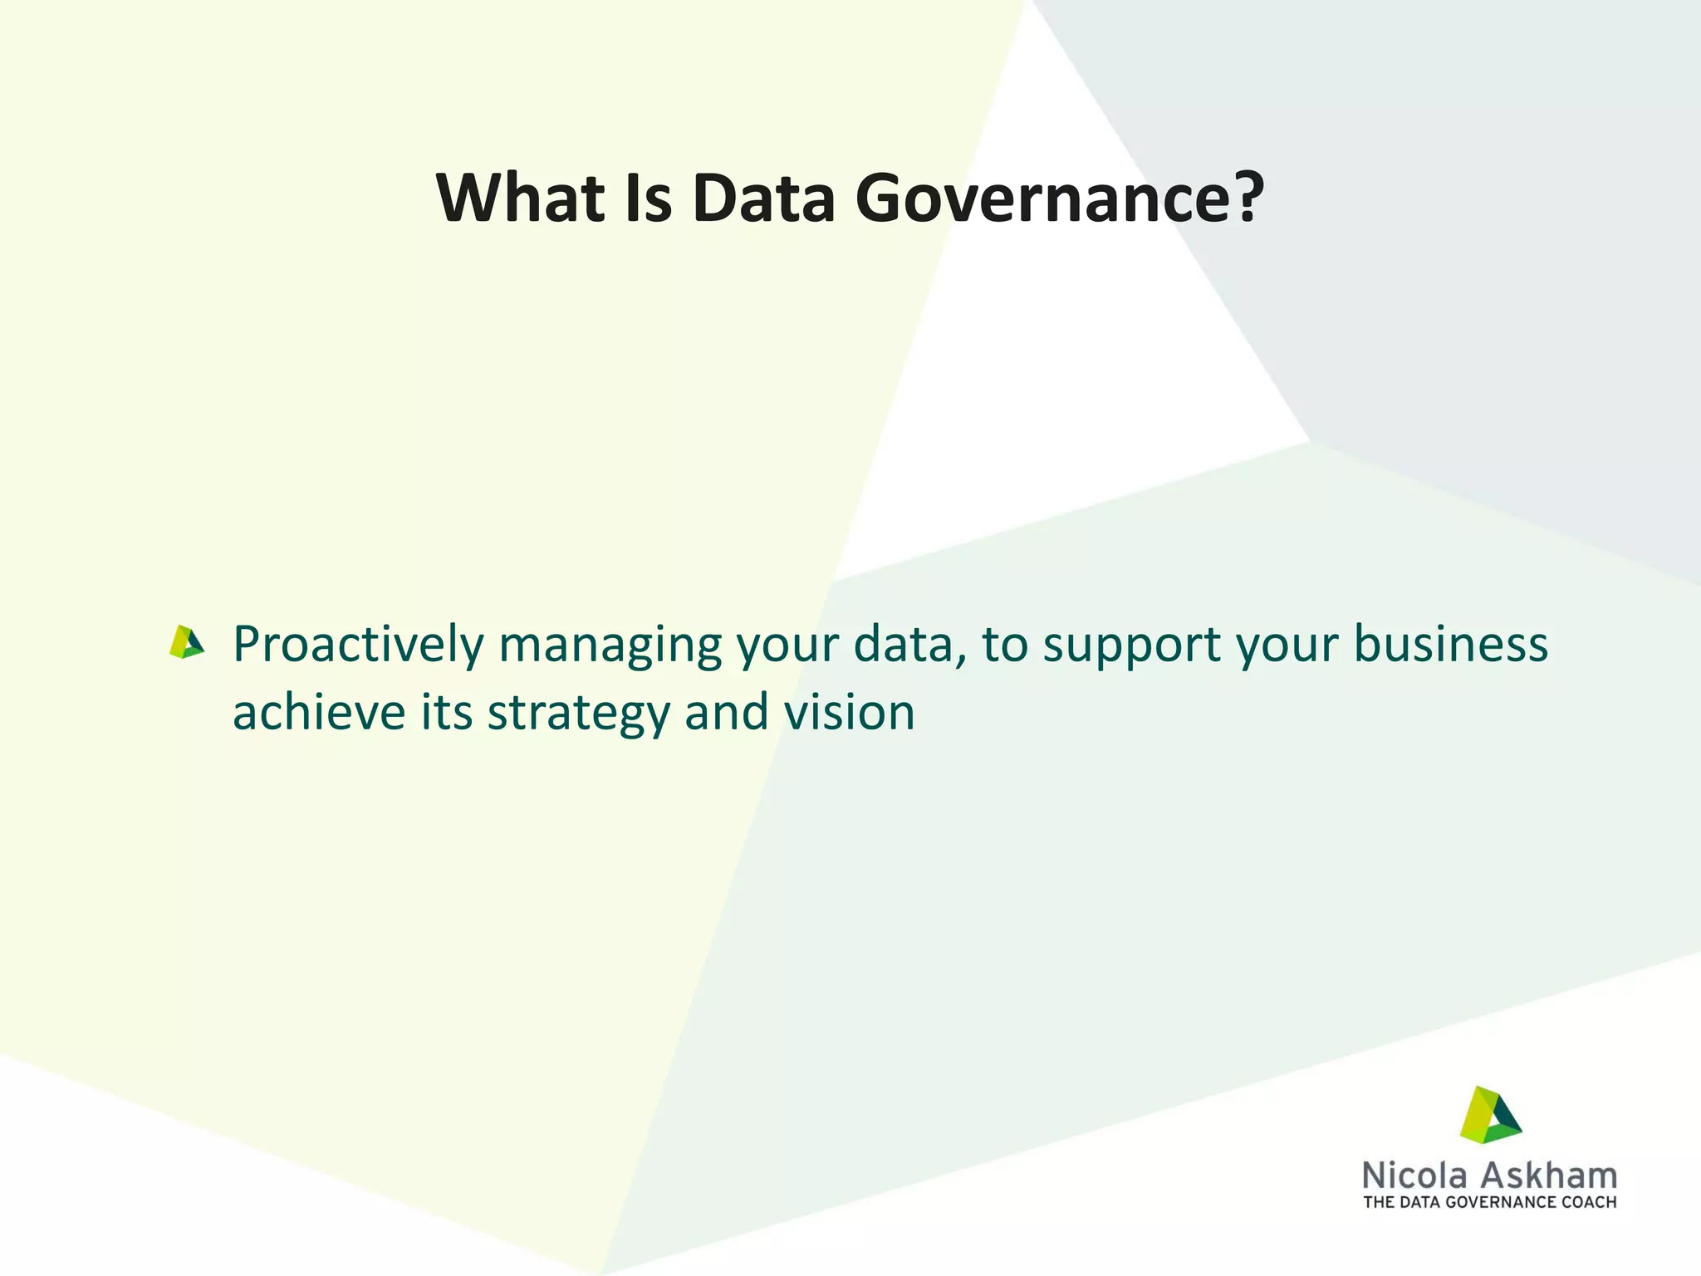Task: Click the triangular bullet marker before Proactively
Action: (x=186, y=642)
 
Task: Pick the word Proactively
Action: (x=358, y=645)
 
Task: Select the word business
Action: (x=1450, y=645)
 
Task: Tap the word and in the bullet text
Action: (x=726, y=713)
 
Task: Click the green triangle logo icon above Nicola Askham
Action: (x=1490, y=1114)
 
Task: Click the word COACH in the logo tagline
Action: (x=1588, y=1202)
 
